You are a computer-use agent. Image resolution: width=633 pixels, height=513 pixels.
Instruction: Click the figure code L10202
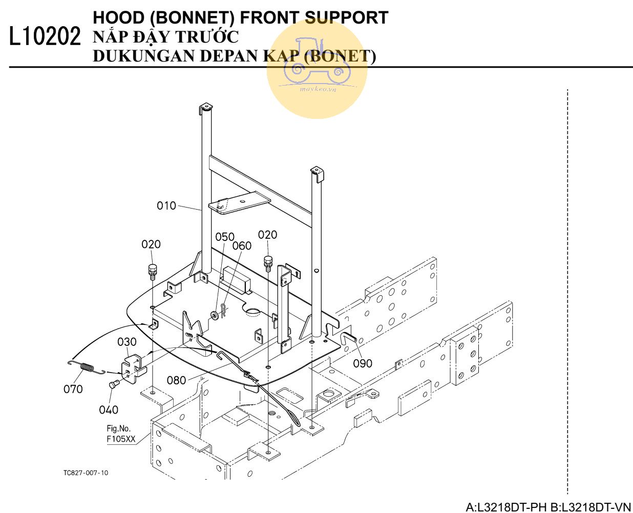pos(45,37)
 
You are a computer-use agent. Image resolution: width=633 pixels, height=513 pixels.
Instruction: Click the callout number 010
pos(166,206)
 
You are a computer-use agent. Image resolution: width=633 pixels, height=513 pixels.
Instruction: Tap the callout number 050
pos(224,237)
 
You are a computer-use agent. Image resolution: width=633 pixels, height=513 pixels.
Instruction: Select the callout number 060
pos(242,246)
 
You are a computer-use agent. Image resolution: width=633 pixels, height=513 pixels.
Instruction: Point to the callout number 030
pos(127,341)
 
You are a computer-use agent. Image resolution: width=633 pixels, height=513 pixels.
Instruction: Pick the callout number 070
pos(73,389)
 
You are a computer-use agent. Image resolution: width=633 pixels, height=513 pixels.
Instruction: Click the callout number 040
pos(109,409)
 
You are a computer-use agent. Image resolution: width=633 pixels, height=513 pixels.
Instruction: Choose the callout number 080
pos(177,380)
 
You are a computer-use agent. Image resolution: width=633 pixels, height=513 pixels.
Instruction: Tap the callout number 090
pos(363,363)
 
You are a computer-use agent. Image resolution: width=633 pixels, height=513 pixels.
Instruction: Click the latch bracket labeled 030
pos(133,367)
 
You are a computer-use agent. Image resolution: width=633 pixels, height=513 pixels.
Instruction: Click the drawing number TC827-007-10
pos(86,473)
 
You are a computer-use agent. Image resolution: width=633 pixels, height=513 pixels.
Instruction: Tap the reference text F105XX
pos(121,439)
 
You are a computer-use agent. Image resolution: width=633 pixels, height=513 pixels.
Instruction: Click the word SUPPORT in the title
pos(346,17)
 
